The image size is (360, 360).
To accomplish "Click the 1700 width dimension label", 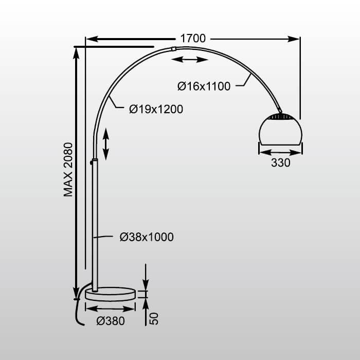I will point(193,39).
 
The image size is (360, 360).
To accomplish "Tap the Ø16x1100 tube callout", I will point(204,86).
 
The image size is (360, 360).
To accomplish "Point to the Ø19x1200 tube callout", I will point(156,109).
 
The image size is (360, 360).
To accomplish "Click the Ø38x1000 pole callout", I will point(147,237).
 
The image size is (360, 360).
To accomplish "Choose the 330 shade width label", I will point(280,163).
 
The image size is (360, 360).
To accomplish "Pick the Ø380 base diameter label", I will point(111,320).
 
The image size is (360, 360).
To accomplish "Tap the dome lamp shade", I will point(280,131).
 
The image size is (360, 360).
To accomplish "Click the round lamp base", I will point(111,294).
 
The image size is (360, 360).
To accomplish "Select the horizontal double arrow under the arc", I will point(189,60).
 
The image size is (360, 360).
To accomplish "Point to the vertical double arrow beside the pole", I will point(106,144).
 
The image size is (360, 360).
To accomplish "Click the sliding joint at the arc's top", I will point(173,49).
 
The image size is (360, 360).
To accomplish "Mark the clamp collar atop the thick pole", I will point(94,161).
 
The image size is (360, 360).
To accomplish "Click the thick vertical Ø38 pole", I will point(95,221).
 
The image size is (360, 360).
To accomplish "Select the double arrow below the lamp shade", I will point(280,152).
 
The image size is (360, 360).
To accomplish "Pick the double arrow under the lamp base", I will point(110,308).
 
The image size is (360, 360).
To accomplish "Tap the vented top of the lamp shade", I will point(280,117).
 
